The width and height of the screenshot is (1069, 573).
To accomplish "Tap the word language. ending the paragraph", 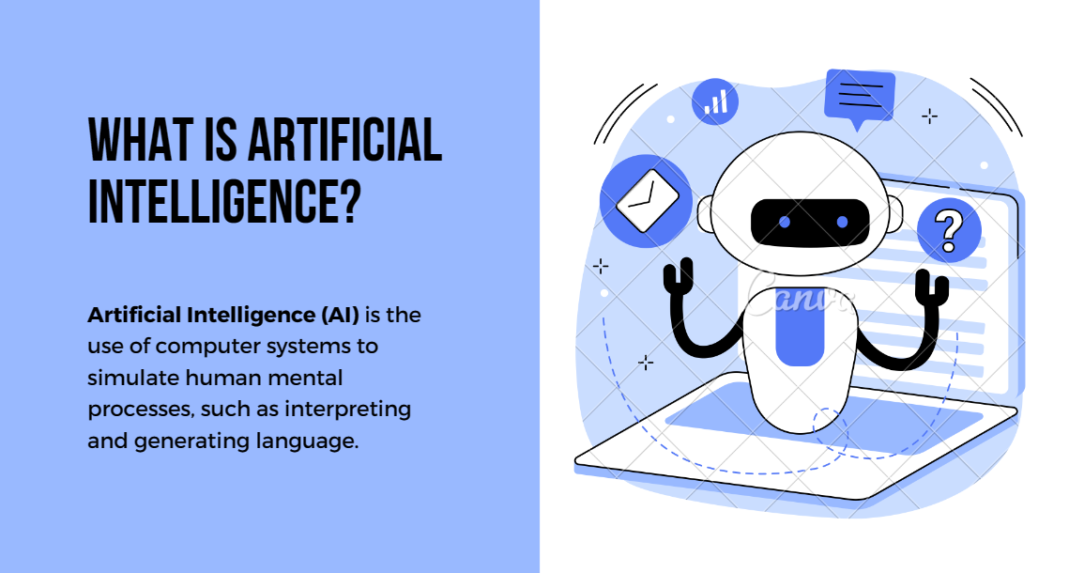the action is coord(313,441).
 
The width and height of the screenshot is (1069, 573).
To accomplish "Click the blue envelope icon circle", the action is coord(646,200).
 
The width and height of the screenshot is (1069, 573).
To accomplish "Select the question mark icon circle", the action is coord(949,228).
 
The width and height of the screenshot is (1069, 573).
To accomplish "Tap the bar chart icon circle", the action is coord(715,101).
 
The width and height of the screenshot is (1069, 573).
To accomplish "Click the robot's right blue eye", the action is coord(842,222).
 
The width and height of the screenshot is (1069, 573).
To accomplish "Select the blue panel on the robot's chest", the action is coord(801,334).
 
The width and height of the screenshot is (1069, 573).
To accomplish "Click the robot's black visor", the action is coord(812,223).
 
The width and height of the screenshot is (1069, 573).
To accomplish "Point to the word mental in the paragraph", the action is coord(315,378).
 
